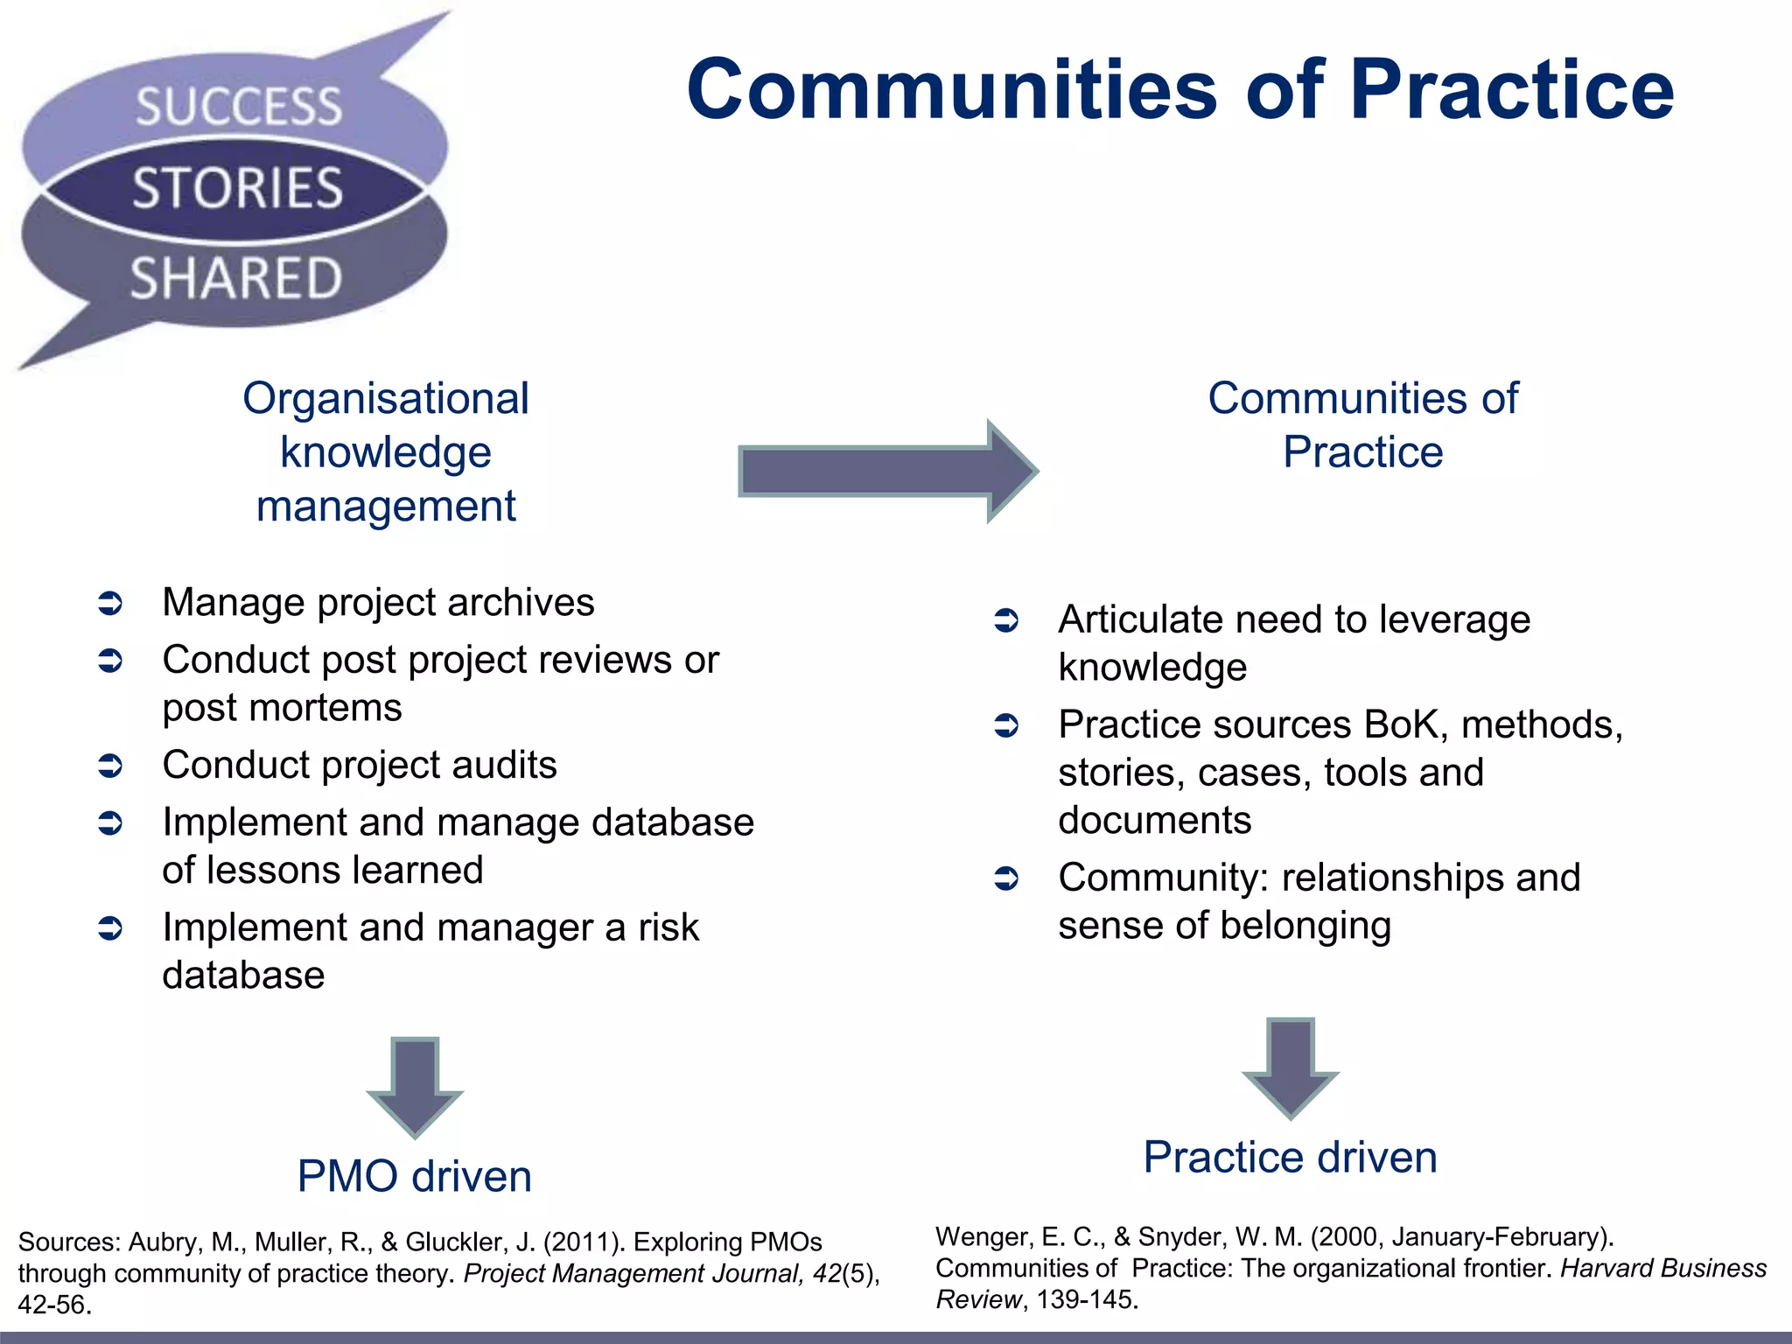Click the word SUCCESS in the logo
pos(238,107)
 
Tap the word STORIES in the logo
pos(237,188)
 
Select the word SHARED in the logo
pos(235,278)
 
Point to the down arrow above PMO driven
pos(415,1086)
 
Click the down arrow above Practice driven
pos(1290,1067)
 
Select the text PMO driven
pos(414,1176)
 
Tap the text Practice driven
pos(1290,1157)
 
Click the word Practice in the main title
pos(1511,90)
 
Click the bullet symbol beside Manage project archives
pos(110,604)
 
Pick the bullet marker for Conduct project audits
pos(110,766)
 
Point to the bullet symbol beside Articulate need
pos(1006,621)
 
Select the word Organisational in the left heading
pos(386,399)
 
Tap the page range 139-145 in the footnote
pos(1086,1299)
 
